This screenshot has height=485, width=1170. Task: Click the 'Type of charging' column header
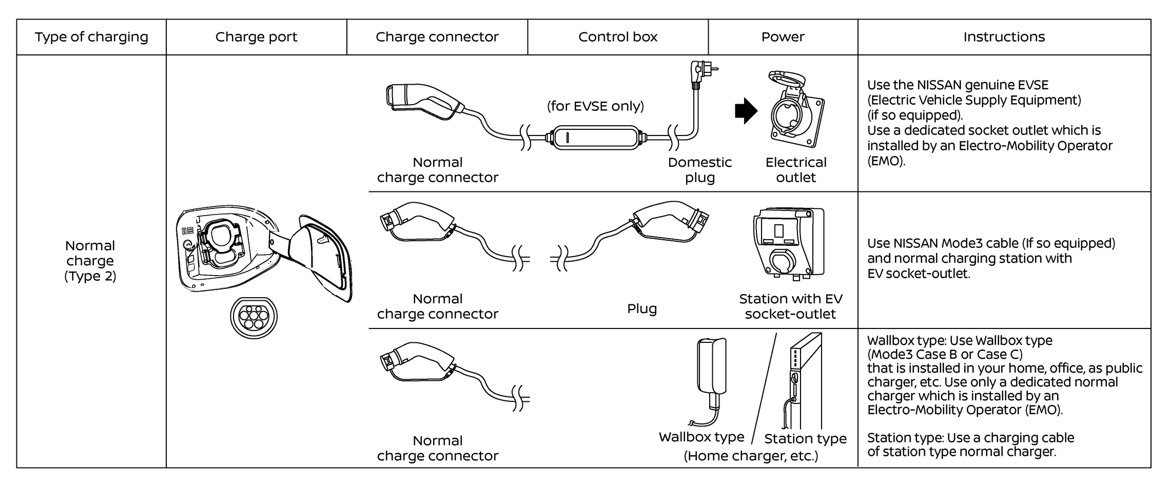pyautogui.click(x=91, y=37)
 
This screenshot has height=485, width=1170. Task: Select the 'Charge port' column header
pyautogui.click(x=256, y=37)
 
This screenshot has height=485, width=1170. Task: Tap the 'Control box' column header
pyautogui.click(x=617, y=37)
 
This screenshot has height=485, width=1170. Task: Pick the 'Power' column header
pyautogui.click(x=783, y=37)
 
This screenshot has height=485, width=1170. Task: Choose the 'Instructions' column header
pyautogui.click(x=1004, y=37)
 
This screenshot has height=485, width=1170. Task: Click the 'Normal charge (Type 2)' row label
pyautogui.click(x=90, y=261)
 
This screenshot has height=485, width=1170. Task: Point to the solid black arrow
pyautogui.click(x=746, y=111)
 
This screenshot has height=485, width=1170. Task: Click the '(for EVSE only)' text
pyautogui.click(x=595, y=106)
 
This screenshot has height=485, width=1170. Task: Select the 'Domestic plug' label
pyautogui.click(x=699, y=170)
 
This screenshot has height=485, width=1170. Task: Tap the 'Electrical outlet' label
pyautogui.click(x=796, y=170)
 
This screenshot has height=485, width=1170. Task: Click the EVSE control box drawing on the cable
pyautogui.click(x=595, y=137)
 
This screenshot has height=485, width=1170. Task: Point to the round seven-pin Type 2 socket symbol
pyautogui.click(x=254, y=317)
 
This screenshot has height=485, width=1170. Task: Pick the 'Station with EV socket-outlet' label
pyautogui.click(x=790, y=306)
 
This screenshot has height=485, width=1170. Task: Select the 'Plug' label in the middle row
pyautogui.click(x=641, y=308)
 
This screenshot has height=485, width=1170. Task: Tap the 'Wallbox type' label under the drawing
pyautogui.click(x=701, y=437)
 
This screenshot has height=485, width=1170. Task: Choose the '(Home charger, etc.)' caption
pyautogui.click(x=751, y=456)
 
